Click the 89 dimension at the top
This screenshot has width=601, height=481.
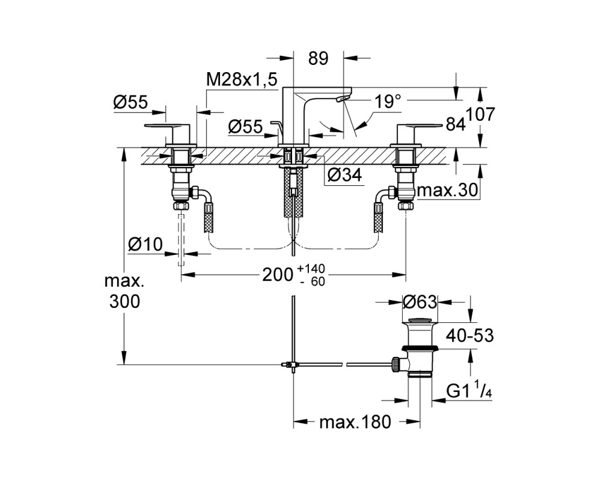click(318, 58)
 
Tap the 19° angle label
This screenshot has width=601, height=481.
click(387, 102)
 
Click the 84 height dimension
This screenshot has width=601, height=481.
click(456, 124)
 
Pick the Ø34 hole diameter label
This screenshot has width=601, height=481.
click(344, 175)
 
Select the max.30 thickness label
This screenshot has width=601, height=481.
click(448, 190)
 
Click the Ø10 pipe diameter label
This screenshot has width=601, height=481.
click(145, 244)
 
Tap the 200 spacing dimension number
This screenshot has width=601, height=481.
click(278, 275)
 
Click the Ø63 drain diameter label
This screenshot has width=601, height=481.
click(419, 302)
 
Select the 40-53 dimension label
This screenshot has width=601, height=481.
click(469, 335)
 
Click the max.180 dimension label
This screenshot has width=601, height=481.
click(355, 422)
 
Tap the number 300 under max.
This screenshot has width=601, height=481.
click(125, 301)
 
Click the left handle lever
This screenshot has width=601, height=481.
click(168, 125)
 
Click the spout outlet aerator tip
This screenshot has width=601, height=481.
click(340, 100)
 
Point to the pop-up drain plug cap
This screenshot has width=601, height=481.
click(419, 320)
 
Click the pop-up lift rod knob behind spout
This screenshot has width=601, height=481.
click(275, 123)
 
